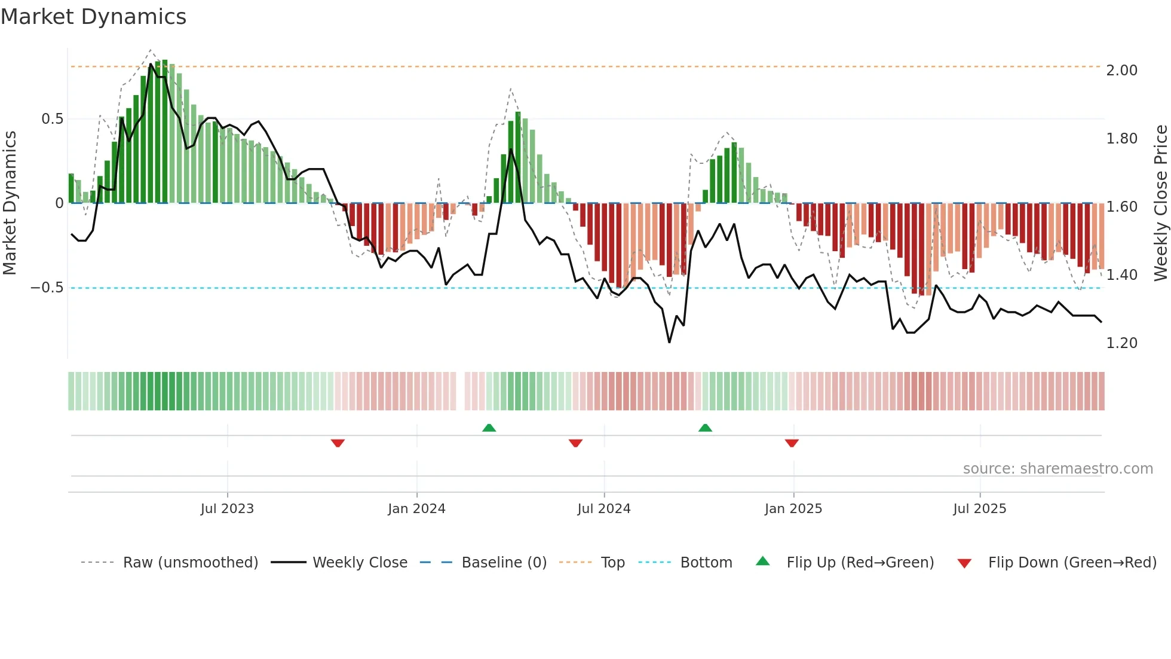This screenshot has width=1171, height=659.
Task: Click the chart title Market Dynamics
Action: [93, 17]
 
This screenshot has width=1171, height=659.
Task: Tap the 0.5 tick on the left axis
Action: [52, 119]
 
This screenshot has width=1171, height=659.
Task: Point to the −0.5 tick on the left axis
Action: [47, 288]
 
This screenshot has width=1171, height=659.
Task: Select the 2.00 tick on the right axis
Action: [1121, 71]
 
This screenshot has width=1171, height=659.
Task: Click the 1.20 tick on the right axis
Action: [1121, 343]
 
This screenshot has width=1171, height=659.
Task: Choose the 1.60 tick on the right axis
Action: [1121, 207]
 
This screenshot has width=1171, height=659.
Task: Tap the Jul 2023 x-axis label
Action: [227, 509]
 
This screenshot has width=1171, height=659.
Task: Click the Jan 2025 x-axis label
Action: [793, 509]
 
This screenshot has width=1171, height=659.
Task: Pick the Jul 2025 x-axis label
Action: [979, 509]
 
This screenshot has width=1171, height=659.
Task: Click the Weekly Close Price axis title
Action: [1160, 203]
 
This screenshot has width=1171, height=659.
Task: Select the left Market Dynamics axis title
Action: [10, 203]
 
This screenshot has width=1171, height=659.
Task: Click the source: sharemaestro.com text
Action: [1057, 469]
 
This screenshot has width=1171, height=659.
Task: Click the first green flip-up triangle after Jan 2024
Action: [489, 428]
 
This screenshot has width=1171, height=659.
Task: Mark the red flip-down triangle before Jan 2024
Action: [338, 443]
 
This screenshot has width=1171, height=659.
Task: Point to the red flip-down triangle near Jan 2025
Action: [792, 443]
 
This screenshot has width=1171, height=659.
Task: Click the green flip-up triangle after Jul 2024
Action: [705, 428]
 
